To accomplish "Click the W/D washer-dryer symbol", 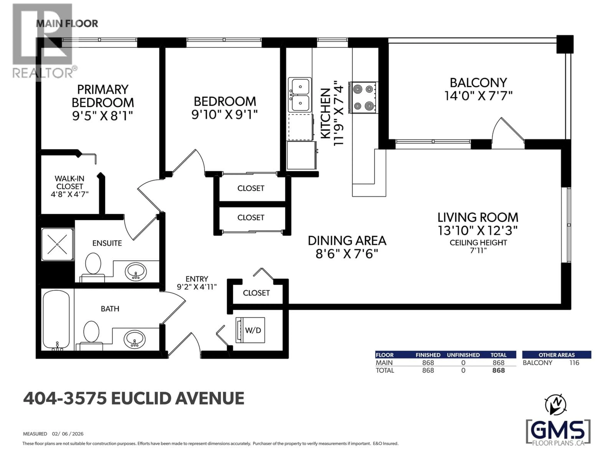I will coord(250,330).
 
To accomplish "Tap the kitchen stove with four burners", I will coord(363,98).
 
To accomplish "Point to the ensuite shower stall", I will coord(57,244).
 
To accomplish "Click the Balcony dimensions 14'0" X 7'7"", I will coord(478,96).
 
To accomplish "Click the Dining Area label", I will coord(347,241).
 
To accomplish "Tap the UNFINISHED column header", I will coord(463,355).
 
